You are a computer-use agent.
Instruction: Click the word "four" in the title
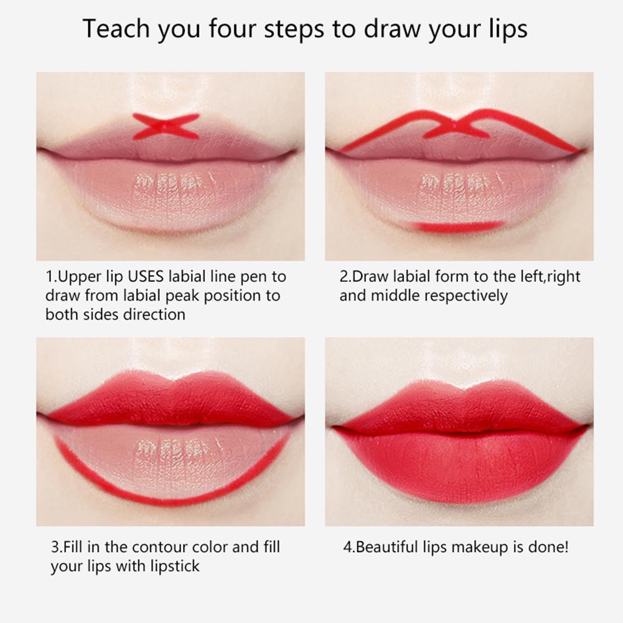click(x=232, y=29)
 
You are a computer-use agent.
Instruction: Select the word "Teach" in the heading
click(x=116, y=29)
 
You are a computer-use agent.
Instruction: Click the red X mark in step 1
click(x=166, y=126)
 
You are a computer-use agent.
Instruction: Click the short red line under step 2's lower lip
click(x=457, y=227)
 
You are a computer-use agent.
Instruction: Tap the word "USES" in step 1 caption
click(x=146, y=276)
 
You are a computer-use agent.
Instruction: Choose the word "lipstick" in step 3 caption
click(x=175, y=566)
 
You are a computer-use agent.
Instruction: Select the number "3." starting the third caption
click(x=57, y=548)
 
